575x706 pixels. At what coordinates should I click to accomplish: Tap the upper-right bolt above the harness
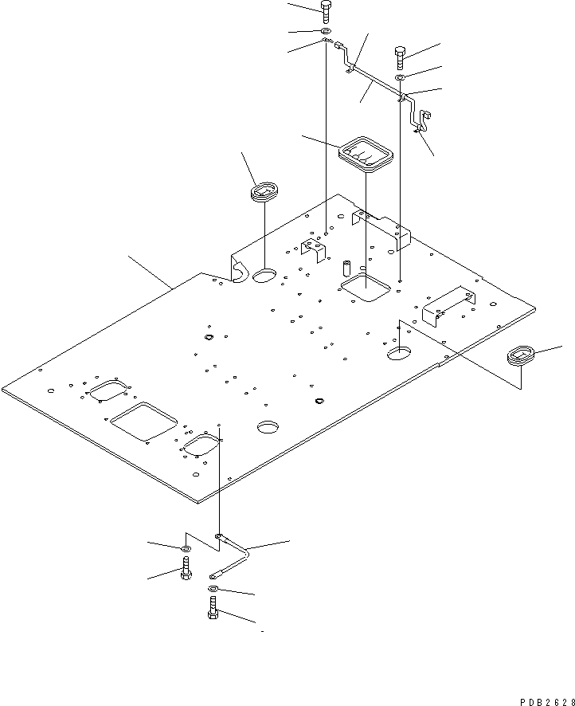400,57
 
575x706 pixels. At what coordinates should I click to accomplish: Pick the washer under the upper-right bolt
401,77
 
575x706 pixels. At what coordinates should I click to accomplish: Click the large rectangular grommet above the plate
366,155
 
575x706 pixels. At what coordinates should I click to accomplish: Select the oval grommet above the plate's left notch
264,192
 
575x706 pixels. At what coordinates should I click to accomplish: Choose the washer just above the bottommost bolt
213,589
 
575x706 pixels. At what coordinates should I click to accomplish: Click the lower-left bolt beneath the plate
185,569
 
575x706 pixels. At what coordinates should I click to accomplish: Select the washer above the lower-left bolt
185,548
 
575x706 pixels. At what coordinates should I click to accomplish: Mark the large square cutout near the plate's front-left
143,420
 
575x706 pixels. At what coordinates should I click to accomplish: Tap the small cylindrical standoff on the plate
347,266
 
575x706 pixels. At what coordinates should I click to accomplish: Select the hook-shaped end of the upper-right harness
421,120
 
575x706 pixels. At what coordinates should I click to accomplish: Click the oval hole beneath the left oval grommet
264,277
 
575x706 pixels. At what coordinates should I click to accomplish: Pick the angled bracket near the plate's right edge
448,304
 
